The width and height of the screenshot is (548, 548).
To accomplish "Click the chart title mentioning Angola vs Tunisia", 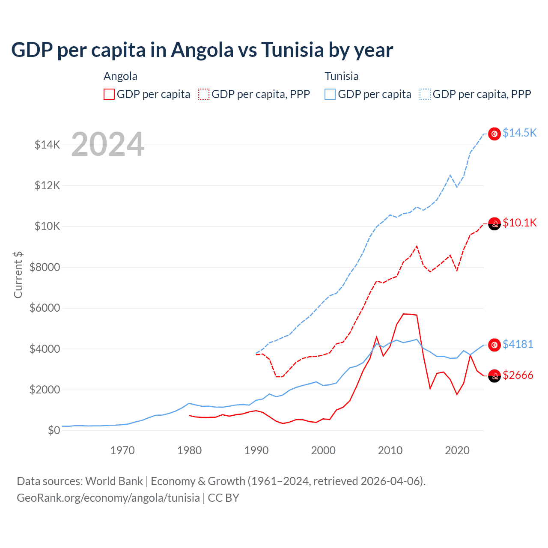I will [202, 50].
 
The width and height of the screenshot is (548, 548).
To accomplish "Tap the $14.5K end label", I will [519, 133].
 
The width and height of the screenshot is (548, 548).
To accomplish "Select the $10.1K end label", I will [519, 223].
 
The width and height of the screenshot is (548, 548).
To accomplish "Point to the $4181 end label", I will [518, 344].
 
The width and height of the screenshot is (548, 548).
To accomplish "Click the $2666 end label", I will [518, 375].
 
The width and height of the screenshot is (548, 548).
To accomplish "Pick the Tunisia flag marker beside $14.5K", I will [494, 134].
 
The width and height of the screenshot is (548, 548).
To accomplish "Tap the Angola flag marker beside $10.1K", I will [494, 224].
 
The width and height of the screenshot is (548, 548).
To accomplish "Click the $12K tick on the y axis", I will [48, 186].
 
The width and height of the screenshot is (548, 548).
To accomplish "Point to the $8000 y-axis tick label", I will [45, 268].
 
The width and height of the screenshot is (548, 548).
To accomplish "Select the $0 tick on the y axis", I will [54, 431].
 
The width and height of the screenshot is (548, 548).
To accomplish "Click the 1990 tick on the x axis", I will [256, 451].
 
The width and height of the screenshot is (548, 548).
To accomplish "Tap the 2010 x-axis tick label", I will [390, 451].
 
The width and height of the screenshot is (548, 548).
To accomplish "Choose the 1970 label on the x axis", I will [122, 451].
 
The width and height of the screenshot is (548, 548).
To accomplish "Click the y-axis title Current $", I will [18, 275].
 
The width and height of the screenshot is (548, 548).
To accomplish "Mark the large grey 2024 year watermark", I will [107, 145].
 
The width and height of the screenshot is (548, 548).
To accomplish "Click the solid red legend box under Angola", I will [109, 94].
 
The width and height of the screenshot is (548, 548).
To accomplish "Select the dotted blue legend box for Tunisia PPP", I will [425, 94].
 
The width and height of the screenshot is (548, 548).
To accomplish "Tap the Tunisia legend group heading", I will [341, 76].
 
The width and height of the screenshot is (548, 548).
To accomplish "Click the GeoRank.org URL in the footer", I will [108, 498].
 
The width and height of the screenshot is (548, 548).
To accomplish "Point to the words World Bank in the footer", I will [114, 481].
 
